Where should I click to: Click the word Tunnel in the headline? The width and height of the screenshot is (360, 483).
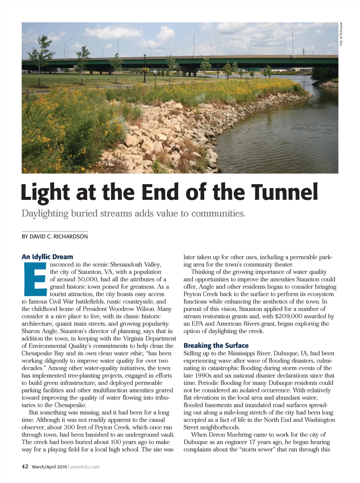(x=284, y=192)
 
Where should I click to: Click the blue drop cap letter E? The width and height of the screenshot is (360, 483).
(x=34, y=279)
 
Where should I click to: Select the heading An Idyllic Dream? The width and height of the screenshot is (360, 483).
(x=47, y=257)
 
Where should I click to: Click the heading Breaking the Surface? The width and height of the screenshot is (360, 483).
(x=216, y=346)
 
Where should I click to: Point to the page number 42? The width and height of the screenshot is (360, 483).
(x=25, y=466)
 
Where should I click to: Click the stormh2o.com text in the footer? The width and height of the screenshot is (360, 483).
(x=85, y=467)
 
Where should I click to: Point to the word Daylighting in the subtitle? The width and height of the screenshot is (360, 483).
(x=44, y=213)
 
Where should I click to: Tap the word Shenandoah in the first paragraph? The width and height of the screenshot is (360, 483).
(x=127, y=265)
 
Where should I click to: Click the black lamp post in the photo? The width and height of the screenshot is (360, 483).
(x=144, y=68)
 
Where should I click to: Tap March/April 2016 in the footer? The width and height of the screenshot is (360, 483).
(x=49, y=467)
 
